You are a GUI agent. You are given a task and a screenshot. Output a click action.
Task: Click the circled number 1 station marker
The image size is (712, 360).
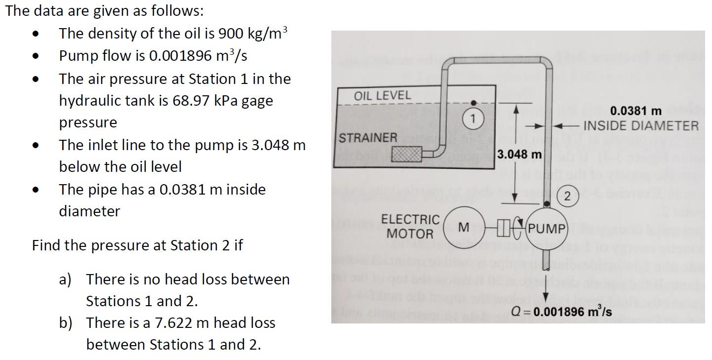[473, 119]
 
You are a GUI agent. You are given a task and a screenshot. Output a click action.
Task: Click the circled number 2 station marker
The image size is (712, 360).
[567, 197]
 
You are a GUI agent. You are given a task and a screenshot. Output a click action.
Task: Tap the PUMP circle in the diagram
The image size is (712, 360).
[546, 229]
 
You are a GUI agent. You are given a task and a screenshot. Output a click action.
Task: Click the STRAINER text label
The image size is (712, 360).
[368, 138]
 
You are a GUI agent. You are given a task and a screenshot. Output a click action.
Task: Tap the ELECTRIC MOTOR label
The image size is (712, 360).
[410, 226]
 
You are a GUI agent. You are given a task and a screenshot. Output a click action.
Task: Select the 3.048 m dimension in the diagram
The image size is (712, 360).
[519, 155]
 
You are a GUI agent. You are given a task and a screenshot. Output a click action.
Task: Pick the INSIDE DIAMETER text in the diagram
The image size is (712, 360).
[641, 125]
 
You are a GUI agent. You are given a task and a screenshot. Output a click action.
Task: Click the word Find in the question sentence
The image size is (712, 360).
[45, 245]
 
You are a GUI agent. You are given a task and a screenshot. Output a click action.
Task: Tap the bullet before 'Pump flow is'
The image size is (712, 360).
[35, 56]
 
